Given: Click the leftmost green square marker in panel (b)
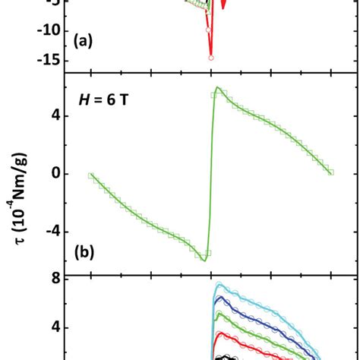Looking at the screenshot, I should click(x=90, y=175).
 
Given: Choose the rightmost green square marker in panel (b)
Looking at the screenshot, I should click(x=331, y=172).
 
